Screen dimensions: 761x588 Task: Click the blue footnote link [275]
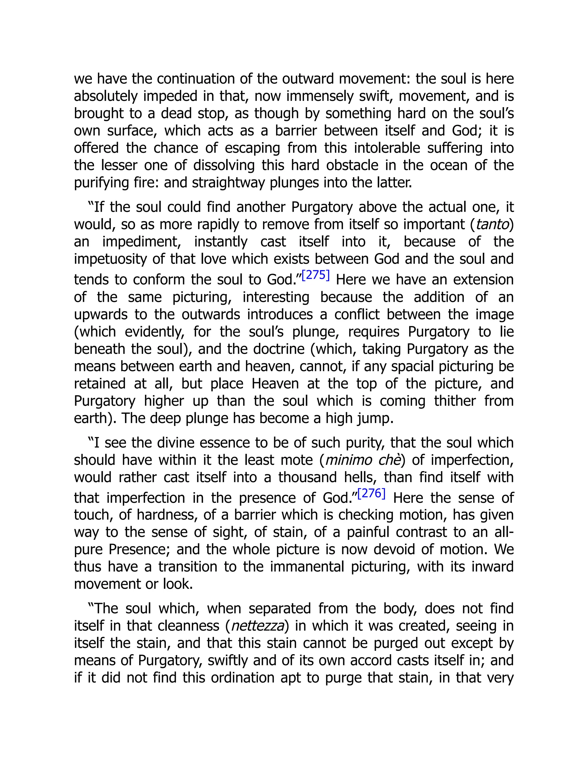[316, 276]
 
